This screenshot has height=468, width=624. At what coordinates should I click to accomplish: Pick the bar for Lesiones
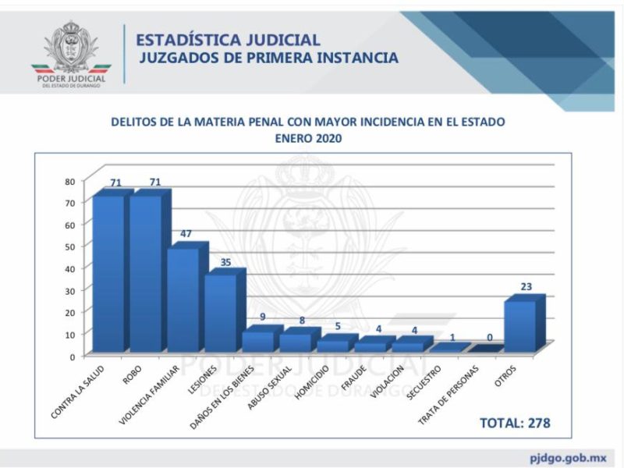coord(221,312)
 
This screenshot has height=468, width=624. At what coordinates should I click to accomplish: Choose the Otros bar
coord(520,325)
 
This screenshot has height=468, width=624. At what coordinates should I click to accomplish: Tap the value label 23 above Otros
coord(526,286)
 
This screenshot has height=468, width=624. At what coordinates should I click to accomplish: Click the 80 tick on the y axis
coord(69,181)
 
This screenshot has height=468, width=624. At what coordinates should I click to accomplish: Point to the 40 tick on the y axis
coord(69,268)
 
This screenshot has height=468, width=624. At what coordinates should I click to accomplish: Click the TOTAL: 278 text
coord(515,423)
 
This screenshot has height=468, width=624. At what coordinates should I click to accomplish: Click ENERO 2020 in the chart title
coord(308,139)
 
